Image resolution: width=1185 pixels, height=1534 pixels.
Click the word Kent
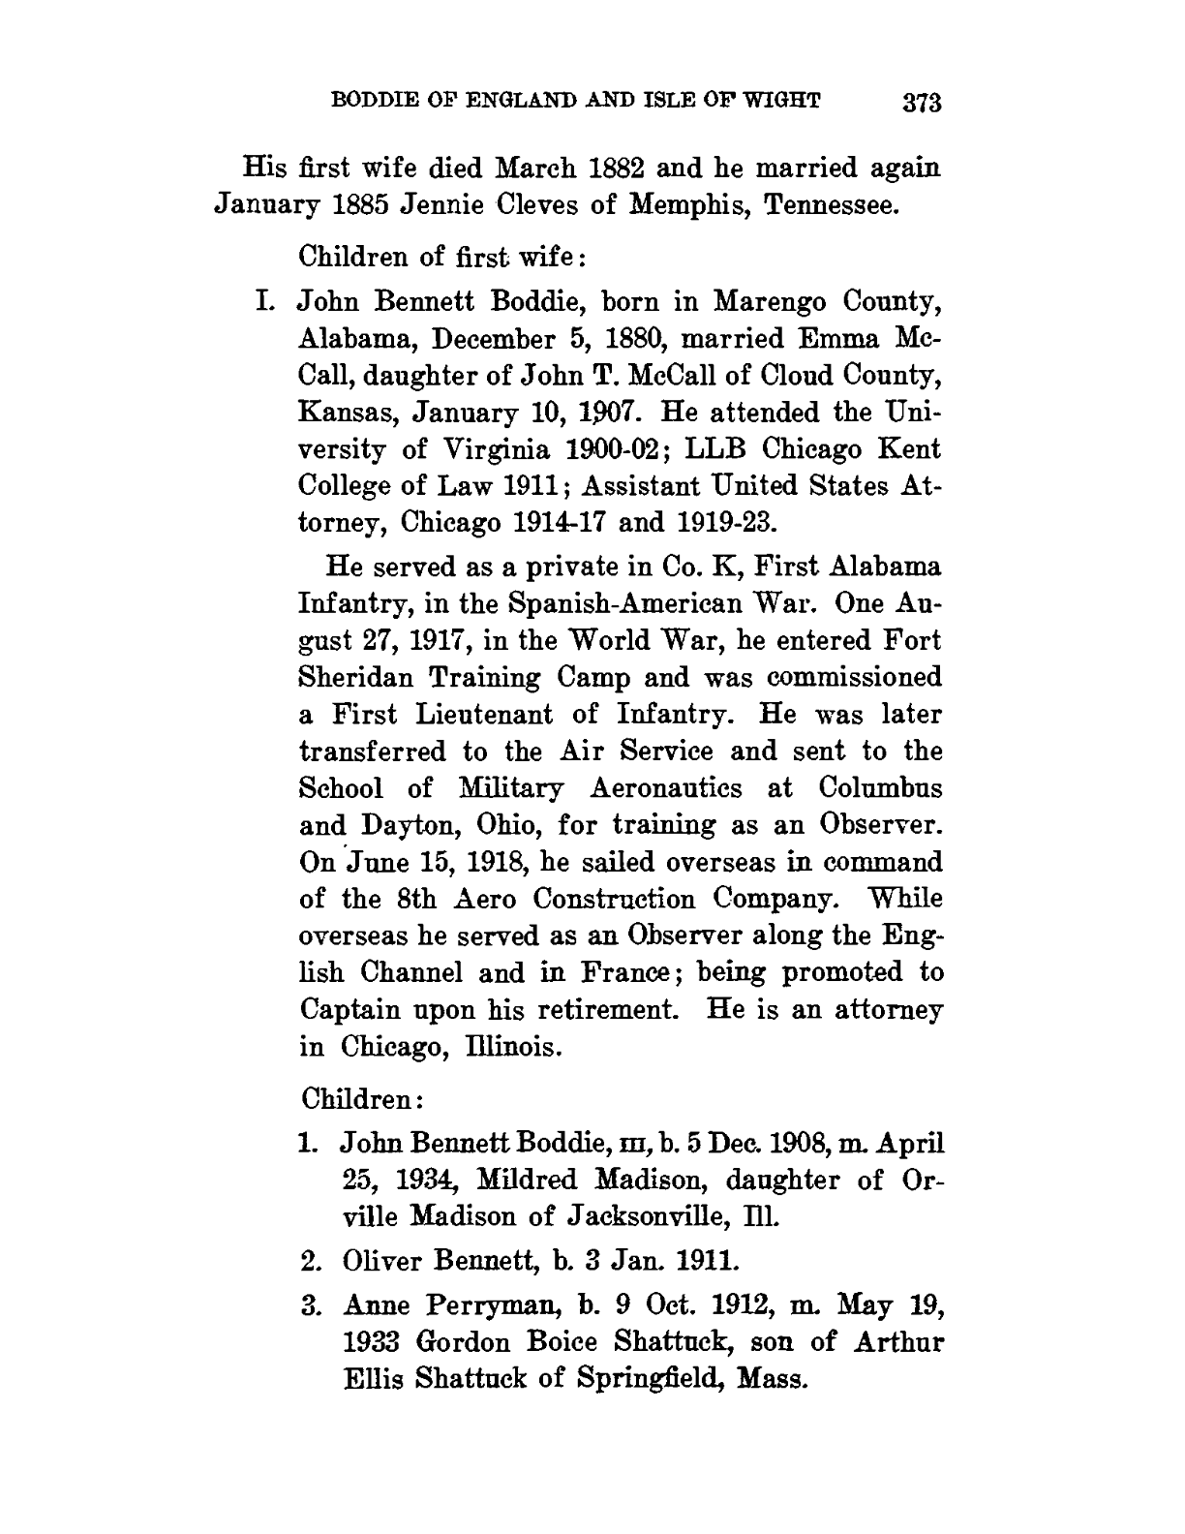click(x=908, y=449)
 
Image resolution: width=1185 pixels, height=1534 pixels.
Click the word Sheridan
click(x=354, y=678)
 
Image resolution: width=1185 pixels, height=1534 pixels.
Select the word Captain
click(x=350, y=1009)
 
